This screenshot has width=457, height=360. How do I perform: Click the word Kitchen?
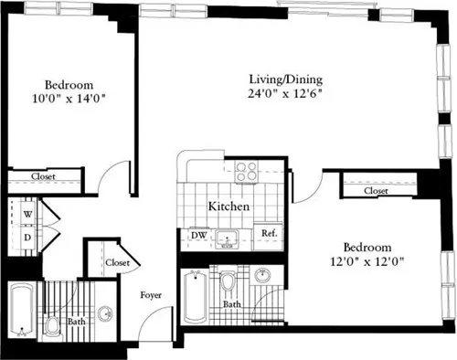click(x=228, y=207)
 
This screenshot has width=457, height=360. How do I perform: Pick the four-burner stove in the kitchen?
click(x=246, y=170)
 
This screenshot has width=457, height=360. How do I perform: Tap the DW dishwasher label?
click(x=197, y=235)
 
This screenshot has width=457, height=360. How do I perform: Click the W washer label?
click(x=27, y=214)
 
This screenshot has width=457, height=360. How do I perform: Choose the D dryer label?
click(x=27, y=237)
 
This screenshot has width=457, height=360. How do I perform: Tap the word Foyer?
click(x=151, y=295)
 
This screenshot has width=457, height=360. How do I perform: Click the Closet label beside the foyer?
click(x=117, y=262)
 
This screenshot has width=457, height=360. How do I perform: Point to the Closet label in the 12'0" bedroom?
click(x=376, y=191)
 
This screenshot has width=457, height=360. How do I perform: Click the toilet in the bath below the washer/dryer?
click(x=53, y=327)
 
